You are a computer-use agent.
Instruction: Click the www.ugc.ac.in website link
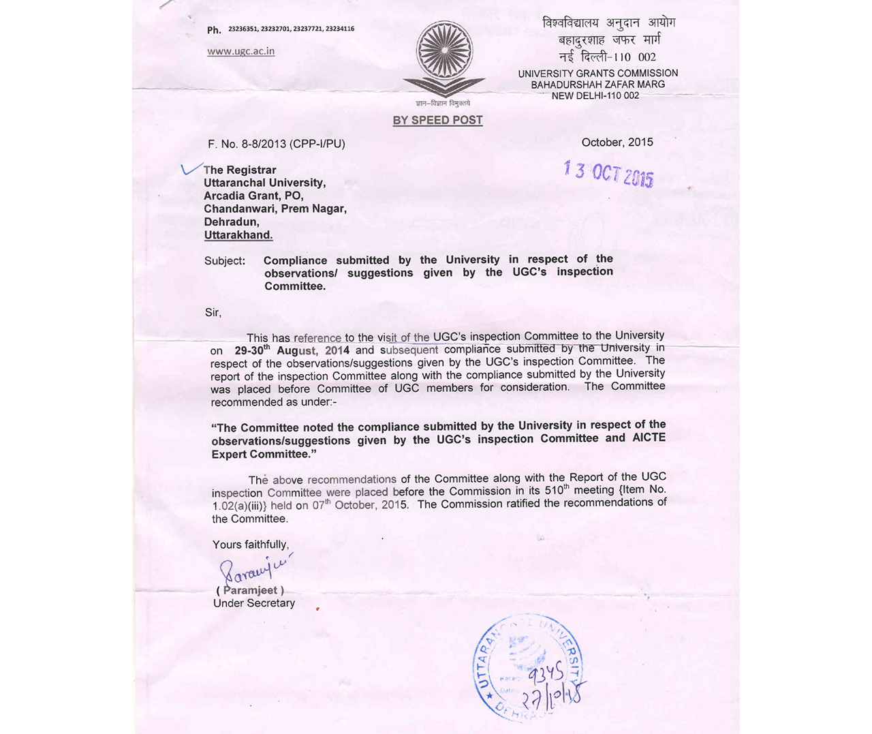(240, 51)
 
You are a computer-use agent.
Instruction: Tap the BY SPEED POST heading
(437, 121)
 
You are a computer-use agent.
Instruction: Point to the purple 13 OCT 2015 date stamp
(608, 173)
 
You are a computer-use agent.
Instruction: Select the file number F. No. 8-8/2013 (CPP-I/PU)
(277, 144)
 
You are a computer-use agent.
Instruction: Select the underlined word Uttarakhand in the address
(238, 235)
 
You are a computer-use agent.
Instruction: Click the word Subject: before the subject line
(225, 261)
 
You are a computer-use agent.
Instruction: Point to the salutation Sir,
(213, 313)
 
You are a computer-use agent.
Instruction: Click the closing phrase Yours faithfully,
(251, 545)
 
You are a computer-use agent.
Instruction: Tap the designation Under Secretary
(254, 603)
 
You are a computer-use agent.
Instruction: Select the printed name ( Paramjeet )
(250, 590)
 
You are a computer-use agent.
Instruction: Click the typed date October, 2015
(617, 142)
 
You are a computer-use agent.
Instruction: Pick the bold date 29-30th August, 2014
(292, 350)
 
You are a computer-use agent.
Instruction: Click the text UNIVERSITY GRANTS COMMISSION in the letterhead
(597, 74)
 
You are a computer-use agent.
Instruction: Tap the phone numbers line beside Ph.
(291, 29)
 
